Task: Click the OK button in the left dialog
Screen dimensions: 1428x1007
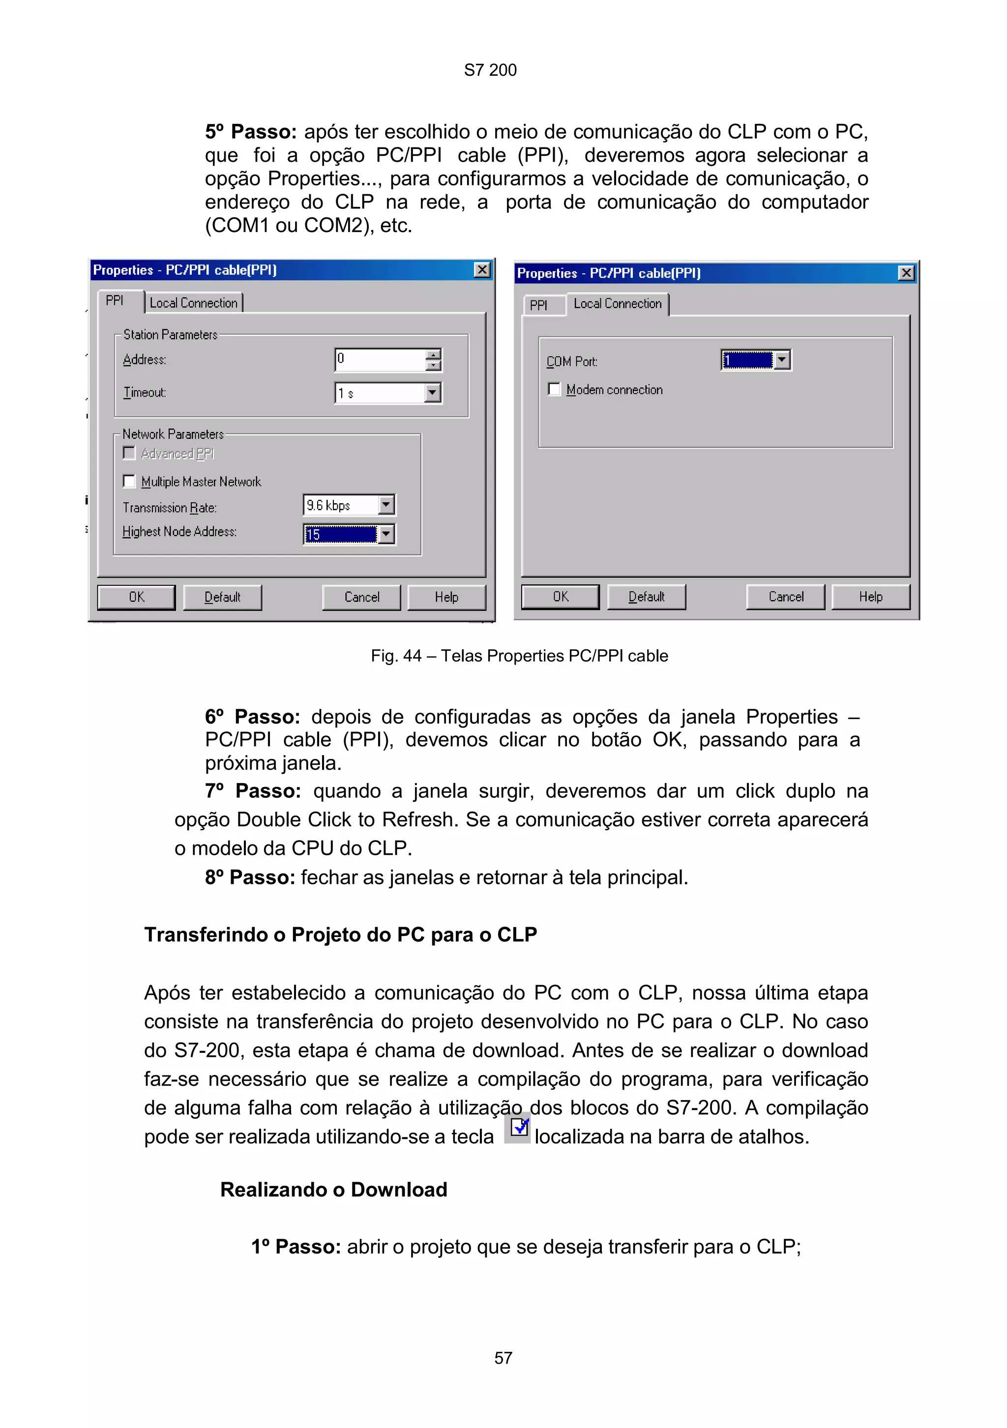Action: [136, 597]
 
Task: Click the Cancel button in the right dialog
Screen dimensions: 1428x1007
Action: [786, 596]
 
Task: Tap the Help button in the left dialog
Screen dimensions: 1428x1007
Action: [446, 597]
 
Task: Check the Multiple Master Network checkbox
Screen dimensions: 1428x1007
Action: [129, 481]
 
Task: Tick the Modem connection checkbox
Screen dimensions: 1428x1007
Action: [554, 389]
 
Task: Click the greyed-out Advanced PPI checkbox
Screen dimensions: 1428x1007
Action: [129, 453]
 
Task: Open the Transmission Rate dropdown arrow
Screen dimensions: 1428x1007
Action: [386, 505]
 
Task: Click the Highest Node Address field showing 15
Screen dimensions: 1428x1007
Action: [340, 534]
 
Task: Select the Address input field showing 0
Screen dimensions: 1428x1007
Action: [380, 359]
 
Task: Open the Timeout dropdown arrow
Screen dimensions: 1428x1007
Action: [432, 393]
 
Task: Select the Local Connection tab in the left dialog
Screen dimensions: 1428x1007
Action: [193, 303]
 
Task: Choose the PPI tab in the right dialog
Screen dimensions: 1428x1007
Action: [538, 305]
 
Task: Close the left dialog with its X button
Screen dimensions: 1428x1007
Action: [482, 270]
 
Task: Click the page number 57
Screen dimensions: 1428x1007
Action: [503, 1358]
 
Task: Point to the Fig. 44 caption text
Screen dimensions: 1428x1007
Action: [519, 656]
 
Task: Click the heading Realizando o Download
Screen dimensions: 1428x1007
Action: [333, 1189]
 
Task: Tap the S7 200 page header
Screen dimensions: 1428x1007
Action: [490, 70]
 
